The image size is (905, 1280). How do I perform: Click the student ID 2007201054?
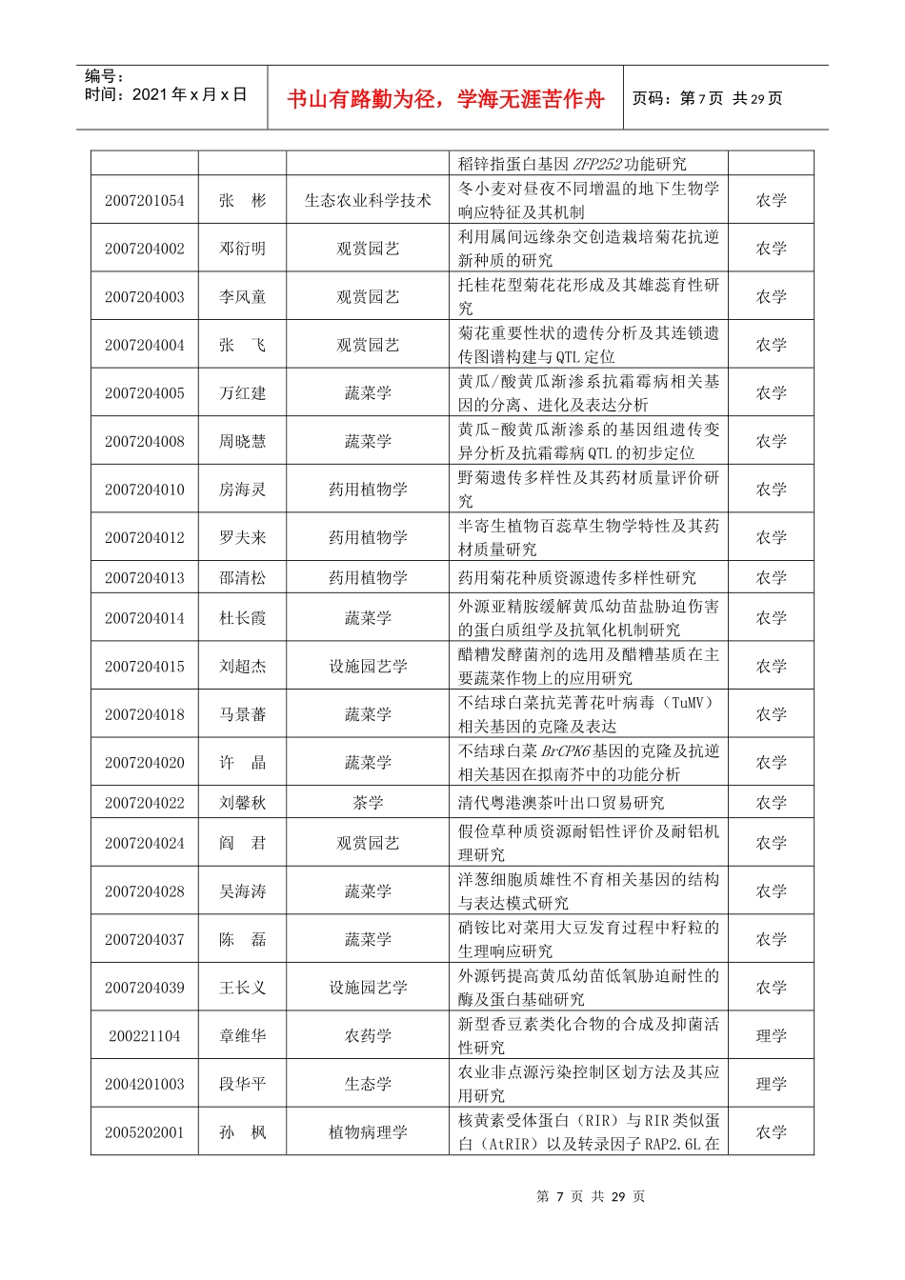(x=145, y=200)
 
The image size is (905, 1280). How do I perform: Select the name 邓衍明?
(x=243, y=249)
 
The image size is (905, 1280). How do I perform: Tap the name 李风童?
(x=243, y=297)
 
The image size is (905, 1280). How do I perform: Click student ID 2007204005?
(x=145, y=393)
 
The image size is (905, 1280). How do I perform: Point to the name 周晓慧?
(x=243, y=442)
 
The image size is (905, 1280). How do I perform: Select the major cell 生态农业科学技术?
(x=368, y=200)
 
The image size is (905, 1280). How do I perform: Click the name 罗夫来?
(x=243, y=538)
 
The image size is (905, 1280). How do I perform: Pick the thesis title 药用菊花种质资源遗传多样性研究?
(x=577, y=578)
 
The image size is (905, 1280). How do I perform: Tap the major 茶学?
(x=368, y=803)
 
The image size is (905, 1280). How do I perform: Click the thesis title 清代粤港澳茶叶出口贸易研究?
(x=561, y=803)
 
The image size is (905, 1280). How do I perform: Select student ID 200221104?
(x=145, y=1036)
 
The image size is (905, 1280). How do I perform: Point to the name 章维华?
(x=243, y=1036)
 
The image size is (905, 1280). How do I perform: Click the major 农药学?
(x=368, y=1036)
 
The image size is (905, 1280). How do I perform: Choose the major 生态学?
(x=368, y=1084)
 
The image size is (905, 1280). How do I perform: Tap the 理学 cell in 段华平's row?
(x=771, y=1084)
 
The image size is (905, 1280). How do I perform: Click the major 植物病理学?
(x=368, y=1132)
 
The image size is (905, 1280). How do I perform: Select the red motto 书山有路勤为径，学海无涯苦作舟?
(x=446, y=99)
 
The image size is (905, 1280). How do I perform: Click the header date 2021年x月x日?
(x=166, y=94)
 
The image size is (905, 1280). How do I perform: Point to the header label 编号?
(x=104, y=76)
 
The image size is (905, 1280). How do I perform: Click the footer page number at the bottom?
(x=591, y=1196)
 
